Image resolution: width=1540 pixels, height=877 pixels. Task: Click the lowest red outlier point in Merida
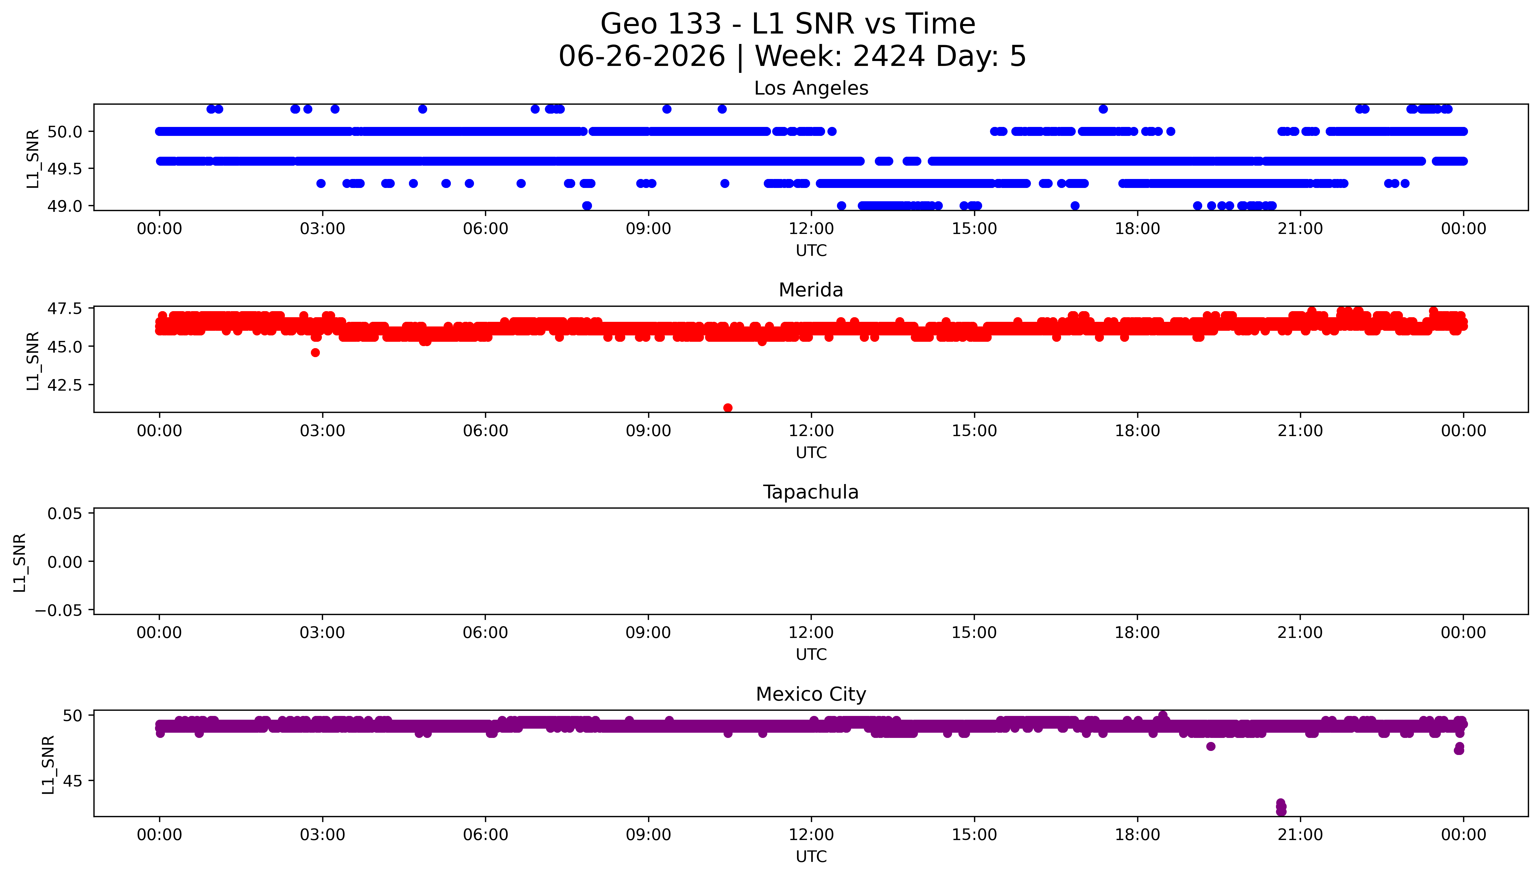728,408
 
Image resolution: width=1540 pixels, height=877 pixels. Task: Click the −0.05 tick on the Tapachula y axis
58,610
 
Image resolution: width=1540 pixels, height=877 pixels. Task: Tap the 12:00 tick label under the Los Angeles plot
811,229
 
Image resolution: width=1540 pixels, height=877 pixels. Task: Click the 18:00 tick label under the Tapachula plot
1137,632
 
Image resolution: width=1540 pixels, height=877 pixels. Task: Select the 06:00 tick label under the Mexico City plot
486,835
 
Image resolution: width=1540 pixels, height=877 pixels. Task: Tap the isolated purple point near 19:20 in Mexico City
1211,746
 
